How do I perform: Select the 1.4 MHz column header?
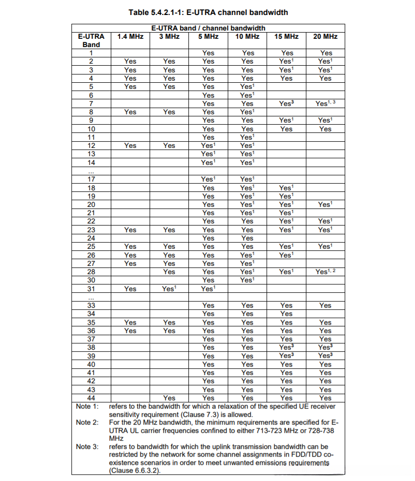[130, 36]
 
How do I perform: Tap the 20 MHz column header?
[325, 36]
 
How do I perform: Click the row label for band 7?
[91, 103]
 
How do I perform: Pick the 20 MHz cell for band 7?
[325, 103]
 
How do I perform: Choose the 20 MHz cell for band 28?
[325, 272]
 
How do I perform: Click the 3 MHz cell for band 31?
[169, 289]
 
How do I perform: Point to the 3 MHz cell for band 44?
[169, 398]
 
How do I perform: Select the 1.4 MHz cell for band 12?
[130, 145]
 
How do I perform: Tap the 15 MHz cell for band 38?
[286, 348]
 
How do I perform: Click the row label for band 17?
[91, 179]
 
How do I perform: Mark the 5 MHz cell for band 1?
[208, 53]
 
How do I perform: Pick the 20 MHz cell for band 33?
[325, 305]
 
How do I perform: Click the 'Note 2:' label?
[87, 423]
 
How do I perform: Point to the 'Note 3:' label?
[87, 446]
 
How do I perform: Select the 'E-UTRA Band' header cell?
[91, 40]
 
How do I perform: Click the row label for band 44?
[91, 398]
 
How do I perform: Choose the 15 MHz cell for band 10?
[286, 129]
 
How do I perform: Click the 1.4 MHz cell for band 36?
[130, 330]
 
